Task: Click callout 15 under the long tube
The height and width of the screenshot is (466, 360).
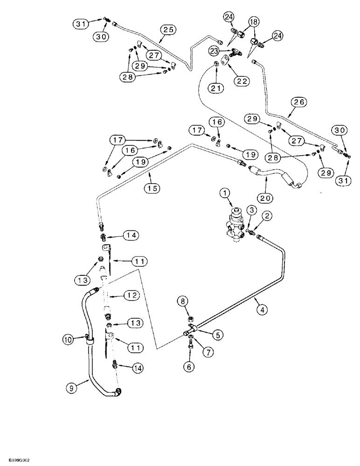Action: pyautogui.click(x=152, y=188)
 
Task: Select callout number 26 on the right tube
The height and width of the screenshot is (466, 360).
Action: pyautogui.click(x=298, y=101)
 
